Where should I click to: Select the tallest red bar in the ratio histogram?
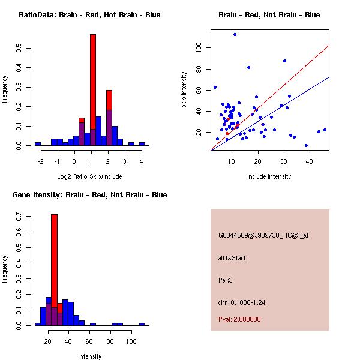pos(93,90)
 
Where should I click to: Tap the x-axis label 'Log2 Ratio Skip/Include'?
pos(89,176)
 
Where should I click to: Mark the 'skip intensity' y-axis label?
pos(185,90)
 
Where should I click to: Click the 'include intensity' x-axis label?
pos(269,176)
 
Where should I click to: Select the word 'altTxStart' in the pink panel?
pos(232,258)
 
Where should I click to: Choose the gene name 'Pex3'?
pos(225,280)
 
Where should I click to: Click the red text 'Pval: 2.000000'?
pos(239,319)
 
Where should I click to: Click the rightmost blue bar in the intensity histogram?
pos(142,324)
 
